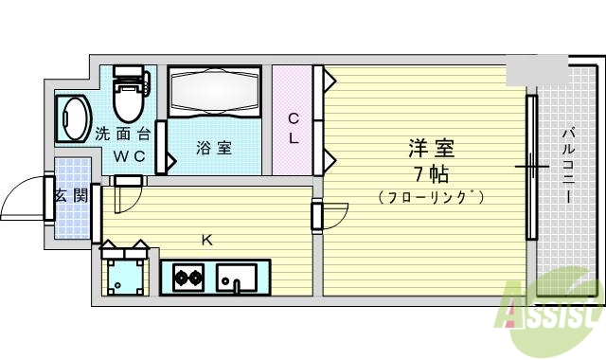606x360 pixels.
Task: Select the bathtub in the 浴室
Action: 213,95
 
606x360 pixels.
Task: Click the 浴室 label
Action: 213,148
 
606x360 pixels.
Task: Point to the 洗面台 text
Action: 124,135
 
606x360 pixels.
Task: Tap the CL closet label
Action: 294,128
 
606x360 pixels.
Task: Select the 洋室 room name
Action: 431,149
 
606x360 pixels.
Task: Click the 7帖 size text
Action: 431,174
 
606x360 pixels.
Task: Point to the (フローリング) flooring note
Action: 431,198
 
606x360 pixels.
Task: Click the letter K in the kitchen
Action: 206,240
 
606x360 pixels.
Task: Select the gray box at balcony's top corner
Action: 534,70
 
